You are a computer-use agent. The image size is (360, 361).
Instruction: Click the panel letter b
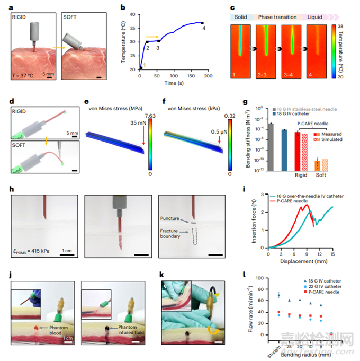[x=123, y=7]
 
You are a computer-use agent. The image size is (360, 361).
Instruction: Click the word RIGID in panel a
[x=23, y=17]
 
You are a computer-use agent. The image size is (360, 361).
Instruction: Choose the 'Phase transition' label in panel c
[x=276, y=17]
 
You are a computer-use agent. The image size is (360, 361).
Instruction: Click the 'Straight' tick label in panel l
[x=275, y=349]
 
